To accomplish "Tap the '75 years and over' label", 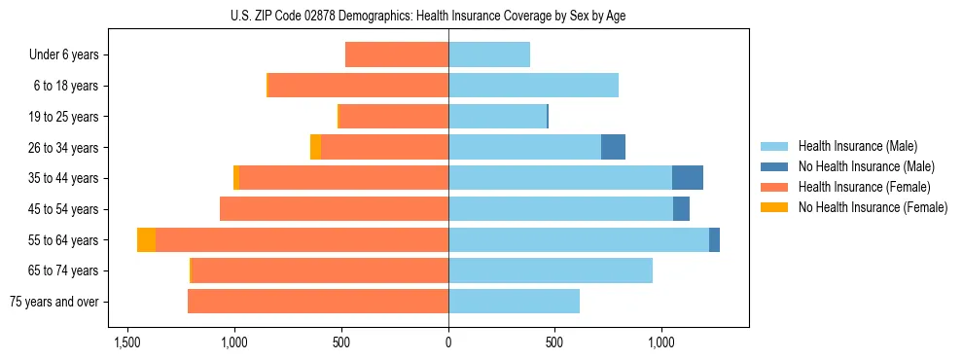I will tap(55, 302).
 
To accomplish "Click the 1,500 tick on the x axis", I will tap(127, 343).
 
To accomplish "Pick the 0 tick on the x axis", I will tap(448, 343).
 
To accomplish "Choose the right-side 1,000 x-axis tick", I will tap(661, 343).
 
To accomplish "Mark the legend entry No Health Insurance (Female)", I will tap(872, 207).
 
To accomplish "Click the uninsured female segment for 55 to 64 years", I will tap(146, 240).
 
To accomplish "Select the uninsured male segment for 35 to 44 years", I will tap(687, 178).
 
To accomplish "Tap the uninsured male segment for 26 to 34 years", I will tap(613, 147).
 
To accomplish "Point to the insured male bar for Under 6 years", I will tap(489, 54).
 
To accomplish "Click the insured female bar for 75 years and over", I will tap(318, 302).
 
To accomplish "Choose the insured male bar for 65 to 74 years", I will tap(551, 270).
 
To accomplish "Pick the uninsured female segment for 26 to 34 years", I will tap(315, 147).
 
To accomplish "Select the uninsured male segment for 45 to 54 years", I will tap(681, 209).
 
